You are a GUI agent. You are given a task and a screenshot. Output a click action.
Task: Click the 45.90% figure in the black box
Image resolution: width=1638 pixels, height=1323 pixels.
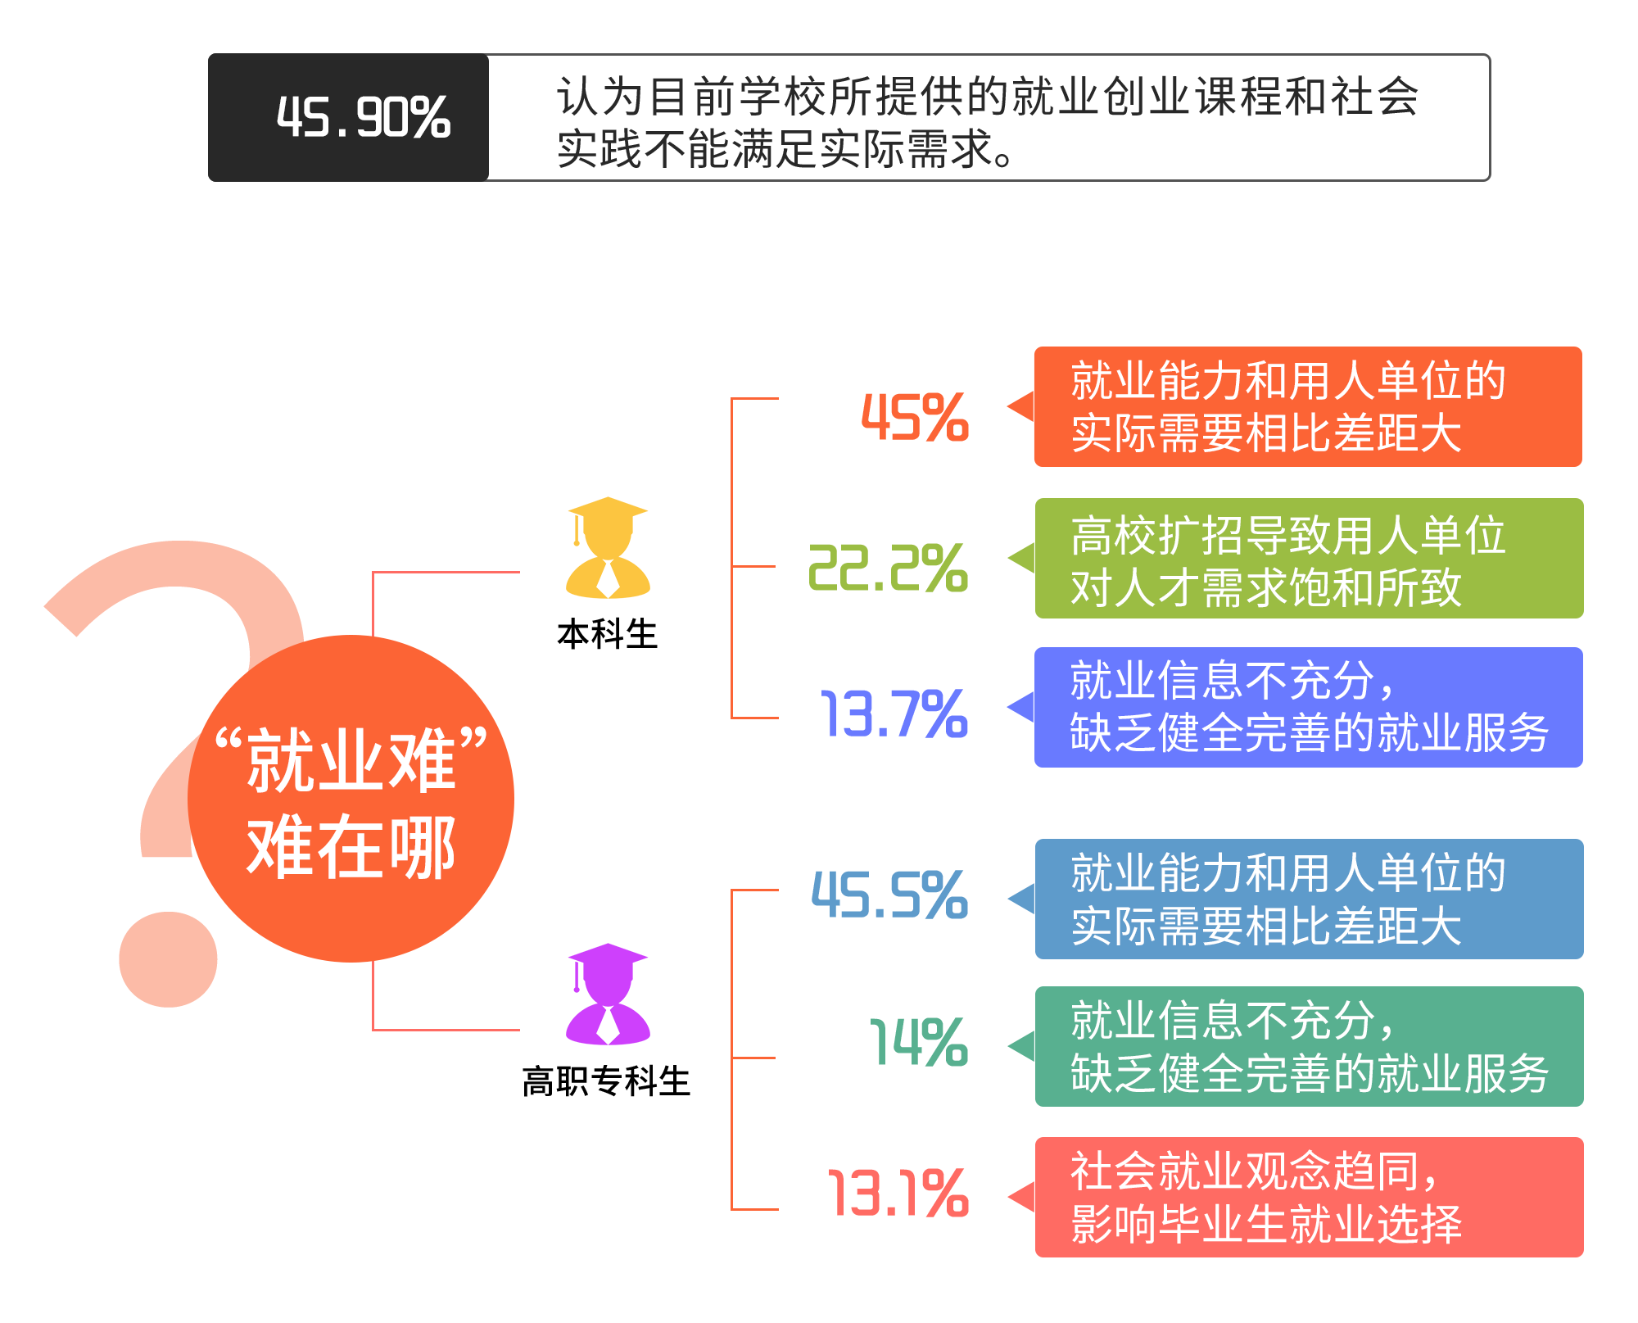coord(364,117)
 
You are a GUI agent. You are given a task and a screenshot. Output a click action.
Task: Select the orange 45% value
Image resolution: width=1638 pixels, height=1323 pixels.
coord(915,418)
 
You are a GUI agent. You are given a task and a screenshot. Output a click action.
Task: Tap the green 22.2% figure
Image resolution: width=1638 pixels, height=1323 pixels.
coord(889,568)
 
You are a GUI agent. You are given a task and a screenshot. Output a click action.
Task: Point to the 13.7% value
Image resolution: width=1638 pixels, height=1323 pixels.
coord(894,714)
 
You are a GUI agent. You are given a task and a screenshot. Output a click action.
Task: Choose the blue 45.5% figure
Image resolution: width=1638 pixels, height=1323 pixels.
coord(890,895)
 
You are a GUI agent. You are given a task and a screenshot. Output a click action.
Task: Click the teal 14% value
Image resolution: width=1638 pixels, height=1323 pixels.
coord(919,1043)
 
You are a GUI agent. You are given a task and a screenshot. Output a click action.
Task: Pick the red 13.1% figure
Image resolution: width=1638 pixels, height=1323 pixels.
coord(898,1193)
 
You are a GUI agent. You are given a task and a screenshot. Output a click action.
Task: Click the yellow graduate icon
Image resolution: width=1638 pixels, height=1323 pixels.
coord(608,547)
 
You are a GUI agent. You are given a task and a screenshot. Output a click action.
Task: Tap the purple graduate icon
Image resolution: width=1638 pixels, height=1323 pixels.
coord(608,994)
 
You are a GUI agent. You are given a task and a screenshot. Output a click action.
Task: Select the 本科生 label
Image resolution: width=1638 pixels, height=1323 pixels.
coord(607,635)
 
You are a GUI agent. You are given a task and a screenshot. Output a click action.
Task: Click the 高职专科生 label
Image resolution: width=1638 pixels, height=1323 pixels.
coord(607,1081)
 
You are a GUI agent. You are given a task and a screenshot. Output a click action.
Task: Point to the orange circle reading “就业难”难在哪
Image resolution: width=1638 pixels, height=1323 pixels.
coord(351,799)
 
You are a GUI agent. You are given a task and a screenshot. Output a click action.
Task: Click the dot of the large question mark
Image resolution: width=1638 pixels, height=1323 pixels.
coord(168,959)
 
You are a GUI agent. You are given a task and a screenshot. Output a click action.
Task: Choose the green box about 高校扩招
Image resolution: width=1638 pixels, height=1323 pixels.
coord(1309,559)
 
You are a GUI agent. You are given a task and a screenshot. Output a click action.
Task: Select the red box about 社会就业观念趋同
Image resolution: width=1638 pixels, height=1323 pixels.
coord(1309,1197)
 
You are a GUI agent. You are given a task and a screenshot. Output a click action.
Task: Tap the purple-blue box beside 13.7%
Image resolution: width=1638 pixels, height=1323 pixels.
coord(1309,707)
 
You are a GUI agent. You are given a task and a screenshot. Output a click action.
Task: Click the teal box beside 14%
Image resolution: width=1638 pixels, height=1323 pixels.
coord(1309,1047)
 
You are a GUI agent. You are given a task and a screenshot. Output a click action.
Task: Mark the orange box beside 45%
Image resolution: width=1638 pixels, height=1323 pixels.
coord(1308,407)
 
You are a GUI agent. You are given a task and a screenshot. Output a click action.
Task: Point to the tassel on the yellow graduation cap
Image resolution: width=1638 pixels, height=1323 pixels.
coord(577,530)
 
